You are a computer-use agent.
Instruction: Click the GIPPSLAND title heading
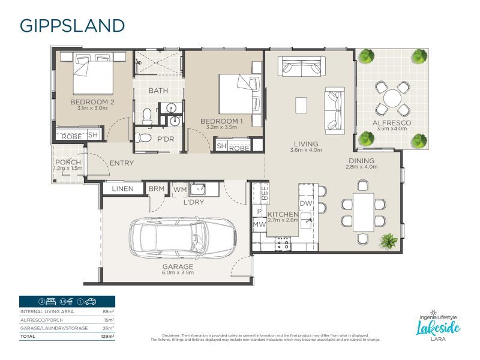pos(72,25)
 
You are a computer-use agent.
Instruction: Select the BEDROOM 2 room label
pos(92,102)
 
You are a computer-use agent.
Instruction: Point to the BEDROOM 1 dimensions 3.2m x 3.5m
pos(221,128)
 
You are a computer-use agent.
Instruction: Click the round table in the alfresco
pos(394,98)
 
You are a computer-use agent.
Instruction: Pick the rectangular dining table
pos(362,212)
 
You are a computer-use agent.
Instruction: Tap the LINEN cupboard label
pos(122,189)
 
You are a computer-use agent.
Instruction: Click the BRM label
pos(157,189)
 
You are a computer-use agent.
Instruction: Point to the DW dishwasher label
pos(305,203)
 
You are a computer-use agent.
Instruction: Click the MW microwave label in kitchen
pos(259,224)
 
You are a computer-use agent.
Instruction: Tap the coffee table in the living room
pos(301,106)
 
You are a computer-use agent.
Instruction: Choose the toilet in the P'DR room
pos(144,137)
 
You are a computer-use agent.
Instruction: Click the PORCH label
pos(68,162)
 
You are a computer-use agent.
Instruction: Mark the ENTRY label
pos(121,163)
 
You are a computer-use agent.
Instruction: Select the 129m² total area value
pos(108,337)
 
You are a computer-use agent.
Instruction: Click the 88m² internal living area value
pos(109,312)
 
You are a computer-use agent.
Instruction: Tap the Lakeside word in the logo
pos(439,327)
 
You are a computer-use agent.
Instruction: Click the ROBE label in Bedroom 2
pos(71,136)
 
